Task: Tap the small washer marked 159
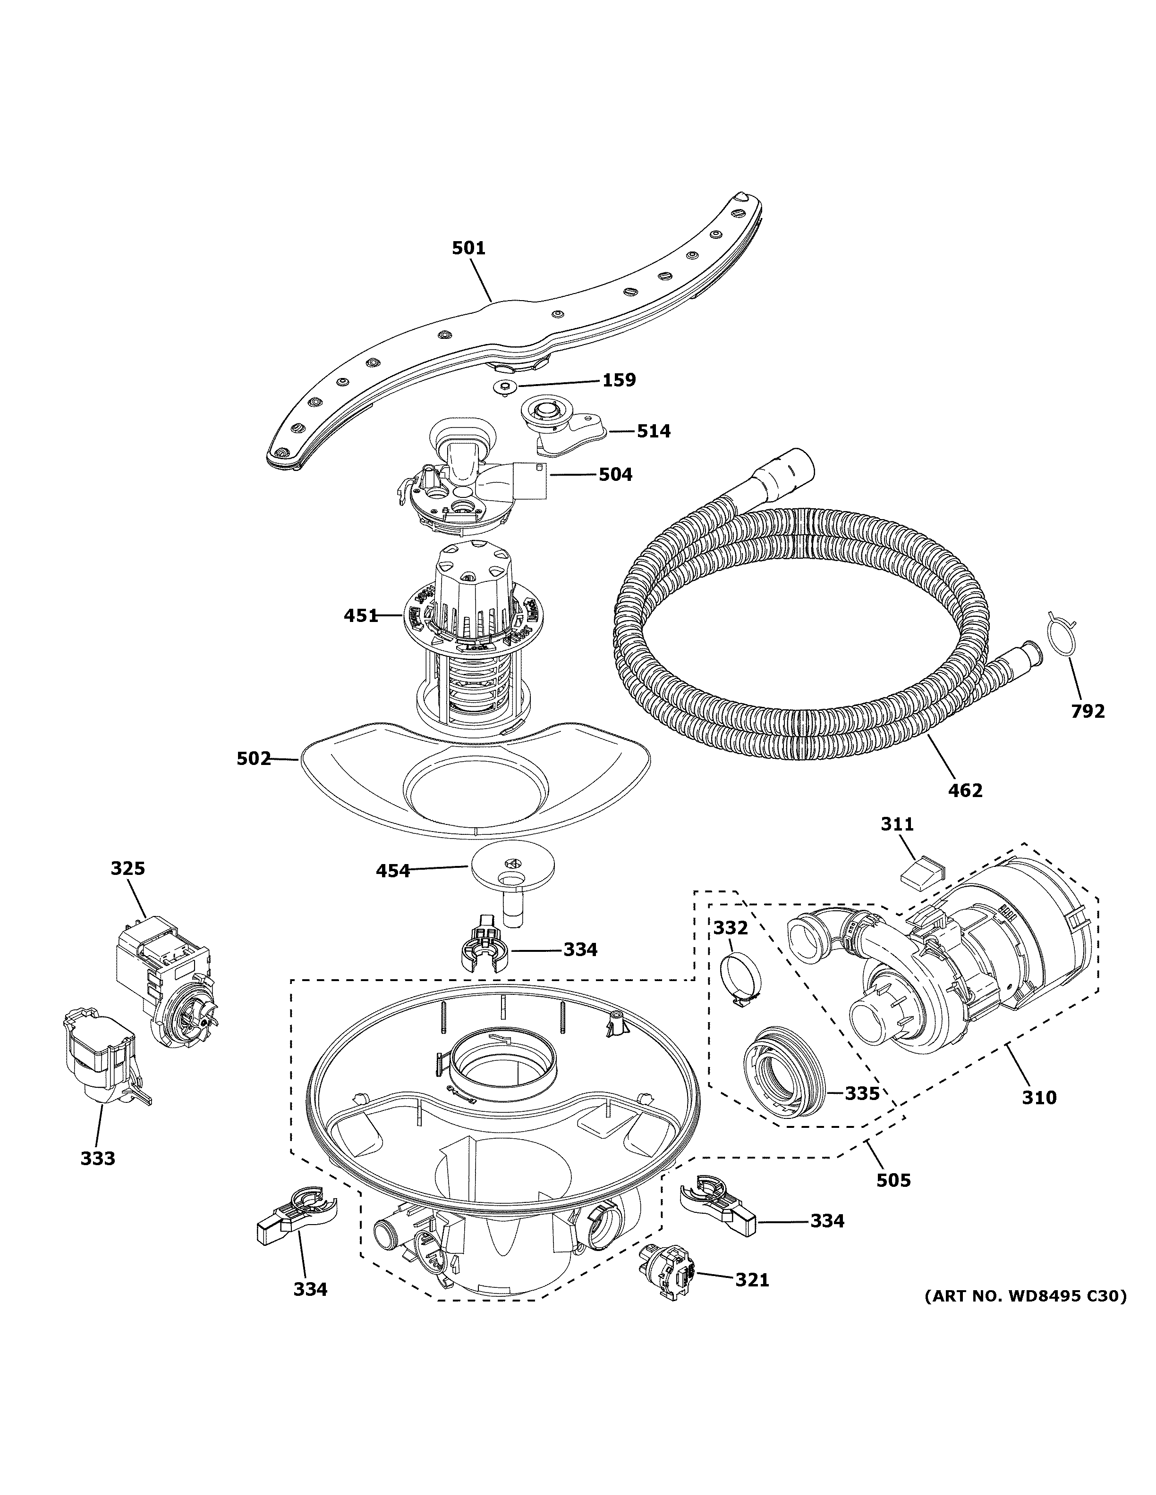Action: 503,387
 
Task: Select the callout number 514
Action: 654,431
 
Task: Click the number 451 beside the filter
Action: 361,615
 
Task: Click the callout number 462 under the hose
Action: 966,790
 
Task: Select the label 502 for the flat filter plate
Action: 254,758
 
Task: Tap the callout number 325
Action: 128,869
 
